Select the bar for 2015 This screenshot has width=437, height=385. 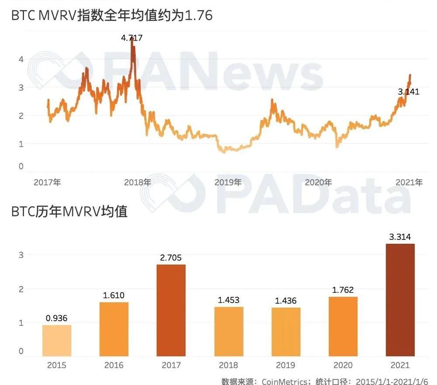tap(57, 340)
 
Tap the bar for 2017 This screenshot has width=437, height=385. tap(171, 310)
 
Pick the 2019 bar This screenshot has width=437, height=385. tap(286, 332)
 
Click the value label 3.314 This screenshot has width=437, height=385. tap(400, 237)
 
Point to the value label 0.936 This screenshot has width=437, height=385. tap(57, 318)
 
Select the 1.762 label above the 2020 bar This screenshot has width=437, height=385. tap(343, 290)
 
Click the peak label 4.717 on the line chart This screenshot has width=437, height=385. tap(132, 38)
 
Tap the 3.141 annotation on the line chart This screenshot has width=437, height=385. tap(409, 92)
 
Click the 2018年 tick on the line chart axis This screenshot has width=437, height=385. tap(138, 182)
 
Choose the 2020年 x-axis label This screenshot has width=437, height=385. tap(319, 182)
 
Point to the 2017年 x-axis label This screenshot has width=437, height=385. tap(47, 182)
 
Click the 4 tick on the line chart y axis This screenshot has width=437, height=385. tap(21, 59)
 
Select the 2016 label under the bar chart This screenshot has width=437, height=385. tap(114, 365)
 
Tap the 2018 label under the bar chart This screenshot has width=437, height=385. tap(229, 365)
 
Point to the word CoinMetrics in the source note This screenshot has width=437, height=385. tap(284, 381)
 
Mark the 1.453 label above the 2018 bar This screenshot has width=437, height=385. tap(229, 300)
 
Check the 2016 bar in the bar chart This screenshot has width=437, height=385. tap(114, 329)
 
